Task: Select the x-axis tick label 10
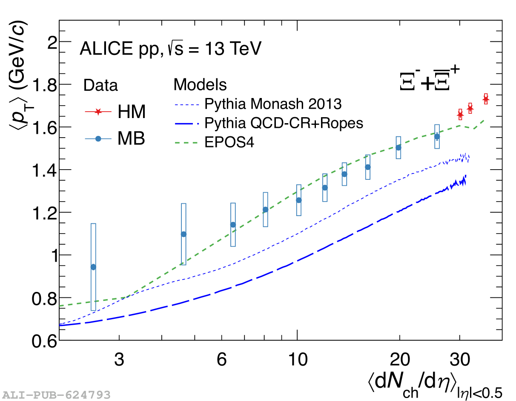click(297, 360)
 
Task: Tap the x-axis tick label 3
click(119, 360)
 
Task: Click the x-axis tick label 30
click(459, 360)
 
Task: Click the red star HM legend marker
click(98, 112)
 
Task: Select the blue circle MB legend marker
click(98, 139)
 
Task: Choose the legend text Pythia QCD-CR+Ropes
click(284, 123)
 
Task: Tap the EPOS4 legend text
click(229, 142)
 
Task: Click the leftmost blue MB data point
click(93, 267)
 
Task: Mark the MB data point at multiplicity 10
click(299, 200)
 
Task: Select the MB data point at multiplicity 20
click(398, 147)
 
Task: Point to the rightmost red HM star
click(486, 99)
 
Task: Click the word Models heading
click(200, 84)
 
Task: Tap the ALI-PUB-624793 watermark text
click(56, 395)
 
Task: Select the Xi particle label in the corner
click(430, 79)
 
